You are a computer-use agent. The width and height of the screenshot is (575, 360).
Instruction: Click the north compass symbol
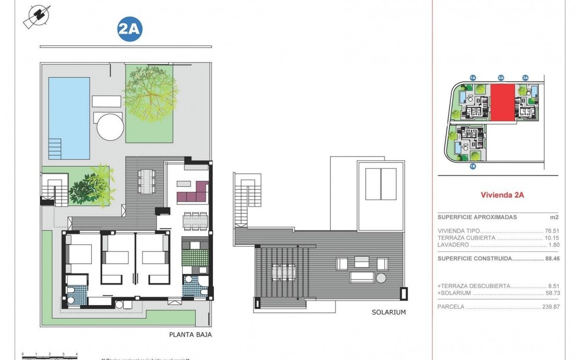pyautogui.click(x=37, y=17)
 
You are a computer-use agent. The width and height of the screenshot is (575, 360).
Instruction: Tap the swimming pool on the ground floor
pyautogui.click(x=69, y=117)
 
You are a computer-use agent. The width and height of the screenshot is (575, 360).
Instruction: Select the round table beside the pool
pyautogui.click(x=111, y=127)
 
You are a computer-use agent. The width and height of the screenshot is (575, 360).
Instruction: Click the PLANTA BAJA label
pyautogui.click(x=190, y=335)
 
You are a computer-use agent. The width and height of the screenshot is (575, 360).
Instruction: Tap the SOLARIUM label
pyautogui.click(x=389, y=312)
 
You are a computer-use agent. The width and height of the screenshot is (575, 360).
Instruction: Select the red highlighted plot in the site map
pyautogui.click(x=501, y=102)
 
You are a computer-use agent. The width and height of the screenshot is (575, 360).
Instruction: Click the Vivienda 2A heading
pyautogui.click(x=502, y=195)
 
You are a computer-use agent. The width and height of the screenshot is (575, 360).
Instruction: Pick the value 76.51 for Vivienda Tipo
pyautogui.click(x=552, y=230)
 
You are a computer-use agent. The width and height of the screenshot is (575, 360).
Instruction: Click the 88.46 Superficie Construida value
pyautogui.click(x=551, y=258)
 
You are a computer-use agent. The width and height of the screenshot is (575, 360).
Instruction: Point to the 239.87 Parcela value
pyautogui.click(x=550, y=307)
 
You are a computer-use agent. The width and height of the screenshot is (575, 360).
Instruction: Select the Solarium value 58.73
pyautogui.click(x=552, y=293)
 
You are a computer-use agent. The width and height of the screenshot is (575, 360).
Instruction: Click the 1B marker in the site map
pyautogui.click(x=473, y=166)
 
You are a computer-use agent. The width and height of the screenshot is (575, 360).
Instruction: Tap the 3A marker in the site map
pyautogui.click(x=525, y=78)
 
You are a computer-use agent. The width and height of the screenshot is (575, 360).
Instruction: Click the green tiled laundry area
pyautogui.click(x=195, y=258)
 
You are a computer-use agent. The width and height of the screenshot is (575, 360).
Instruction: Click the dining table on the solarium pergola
pyautogui.click(x=283, y=271)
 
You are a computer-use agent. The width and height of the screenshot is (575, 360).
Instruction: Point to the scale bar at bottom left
pyautogui.click(x=50, y=357)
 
